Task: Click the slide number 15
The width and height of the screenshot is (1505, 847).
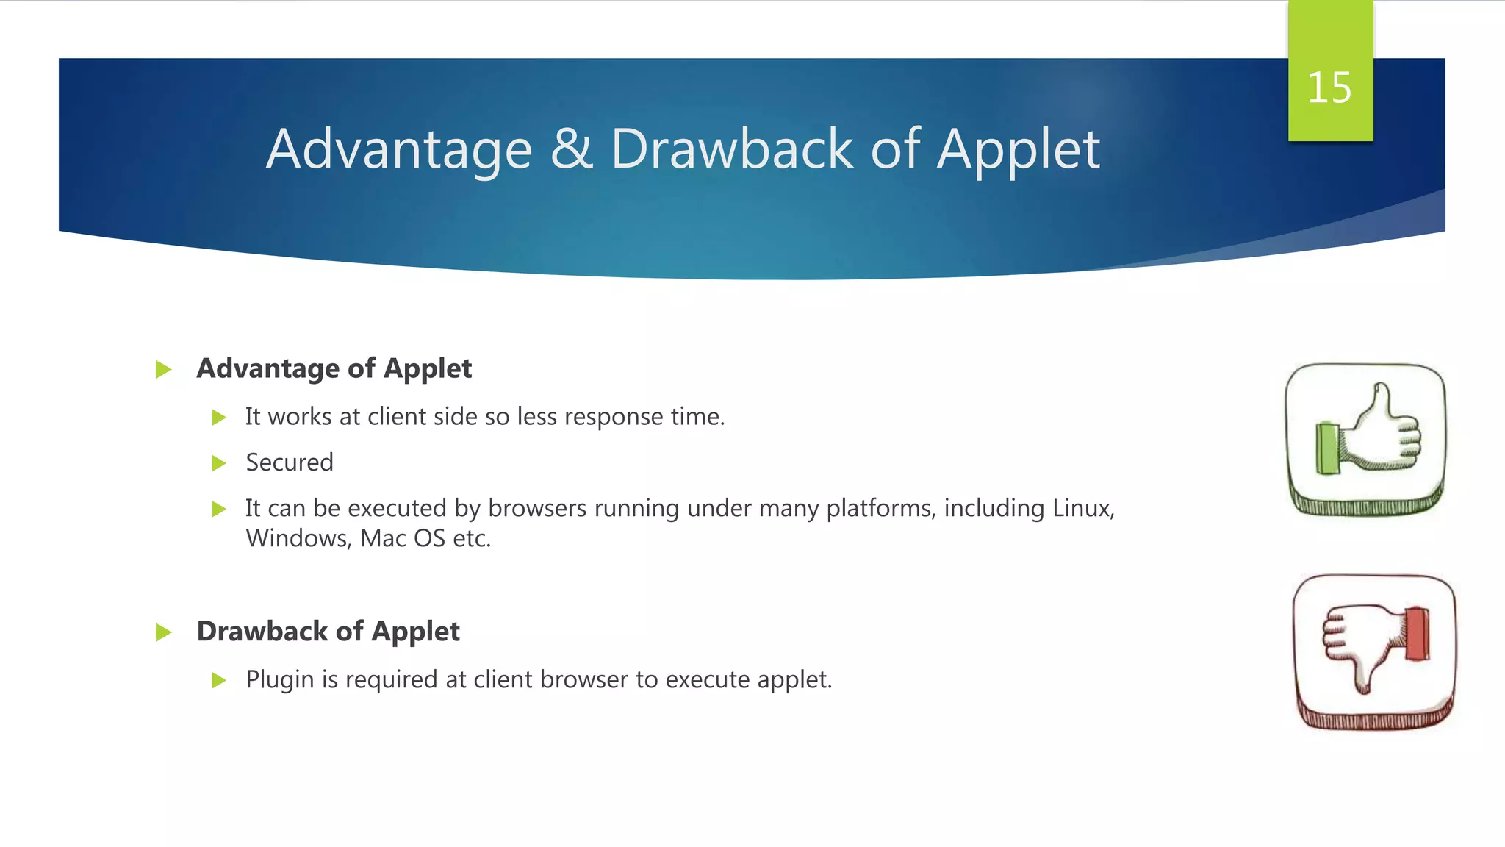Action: (1329, 88)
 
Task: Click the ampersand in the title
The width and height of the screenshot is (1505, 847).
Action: (571, 149)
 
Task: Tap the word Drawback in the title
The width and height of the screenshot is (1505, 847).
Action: (731, 149)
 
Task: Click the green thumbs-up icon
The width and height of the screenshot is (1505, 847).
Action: (1365, 439)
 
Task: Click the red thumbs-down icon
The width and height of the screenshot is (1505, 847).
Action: (1374, 651)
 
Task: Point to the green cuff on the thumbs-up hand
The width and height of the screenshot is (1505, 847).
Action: (1327, 448)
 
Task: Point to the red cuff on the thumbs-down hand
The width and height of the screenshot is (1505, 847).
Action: (1418, 633)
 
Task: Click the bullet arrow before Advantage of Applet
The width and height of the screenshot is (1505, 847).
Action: (163, 369)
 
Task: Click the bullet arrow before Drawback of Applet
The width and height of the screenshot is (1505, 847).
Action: (163, 632)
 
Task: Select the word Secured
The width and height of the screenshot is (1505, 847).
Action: (290, 462)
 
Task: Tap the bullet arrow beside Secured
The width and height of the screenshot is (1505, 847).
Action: (218, 463)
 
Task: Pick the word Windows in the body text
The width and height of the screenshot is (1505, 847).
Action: (298, 539)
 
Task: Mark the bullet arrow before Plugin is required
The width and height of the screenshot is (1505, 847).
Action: (218, 680)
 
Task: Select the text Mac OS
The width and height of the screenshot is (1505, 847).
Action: (403, 539)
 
